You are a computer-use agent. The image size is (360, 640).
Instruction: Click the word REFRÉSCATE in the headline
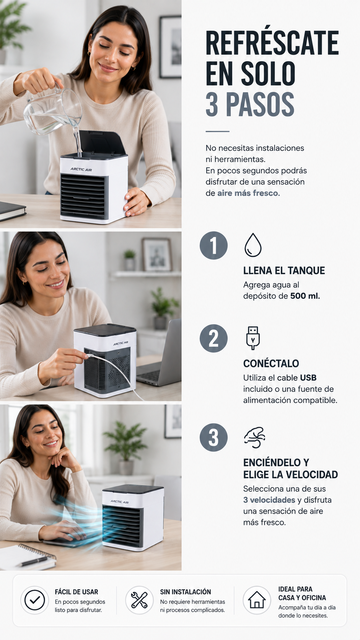[x=272, y=43]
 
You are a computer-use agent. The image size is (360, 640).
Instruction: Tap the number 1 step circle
[x=213, y=245]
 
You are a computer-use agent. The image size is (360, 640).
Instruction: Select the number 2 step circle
[x=213, y=338]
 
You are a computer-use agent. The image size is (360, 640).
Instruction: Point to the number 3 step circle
[x=213, y=438]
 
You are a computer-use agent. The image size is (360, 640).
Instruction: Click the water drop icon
[x=253, y=245]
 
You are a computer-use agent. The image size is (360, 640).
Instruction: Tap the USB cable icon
[x=253, y=338]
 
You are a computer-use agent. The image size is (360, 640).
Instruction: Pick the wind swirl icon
[x=254, y=438]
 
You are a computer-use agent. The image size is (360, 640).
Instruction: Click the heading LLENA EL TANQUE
[x=284, y=271]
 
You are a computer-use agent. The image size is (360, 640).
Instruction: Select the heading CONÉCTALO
[x=271, y=363]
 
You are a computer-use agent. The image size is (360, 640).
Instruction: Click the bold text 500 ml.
[x=305, y=296]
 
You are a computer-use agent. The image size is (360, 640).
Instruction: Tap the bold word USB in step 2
[x=308, y=378]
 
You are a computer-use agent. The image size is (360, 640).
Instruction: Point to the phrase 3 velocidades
[x=269, y=500]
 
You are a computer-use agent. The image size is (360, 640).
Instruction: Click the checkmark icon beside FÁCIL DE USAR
[x=34, y=600]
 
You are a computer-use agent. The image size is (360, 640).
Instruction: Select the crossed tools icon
[x=139, y=600]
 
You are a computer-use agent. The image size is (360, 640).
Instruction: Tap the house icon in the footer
[x=257, y=600]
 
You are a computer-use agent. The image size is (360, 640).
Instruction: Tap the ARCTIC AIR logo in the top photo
[x=81, y=170]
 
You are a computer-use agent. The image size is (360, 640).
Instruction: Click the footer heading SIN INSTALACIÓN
[x=186, y=592]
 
